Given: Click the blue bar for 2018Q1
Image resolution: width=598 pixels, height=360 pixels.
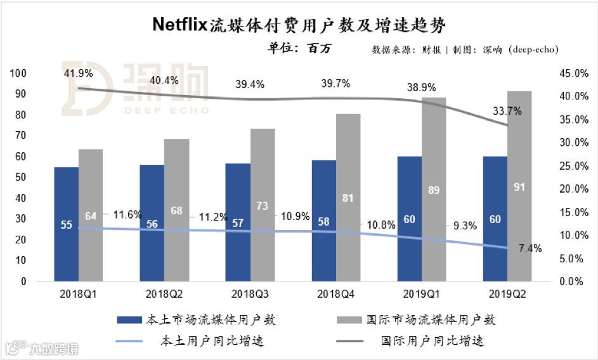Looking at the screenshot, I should click(66, 224).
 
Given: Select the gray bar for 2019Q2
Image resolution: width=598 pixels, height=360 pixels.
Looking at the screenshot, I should click(519, 186).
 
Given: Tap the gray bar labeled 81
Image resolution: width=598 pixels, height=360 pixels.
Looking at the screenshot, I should click(348, 197).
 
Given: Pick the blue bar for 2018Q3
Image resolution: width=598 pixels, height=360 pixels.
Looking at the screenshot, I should click(238, 222).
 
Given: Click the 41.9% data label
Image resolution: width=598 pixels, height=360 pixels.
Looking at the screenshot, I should click(78, 74).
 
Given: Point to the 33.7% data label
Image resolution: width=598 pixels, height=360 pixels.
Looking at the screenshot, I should click(507, 111).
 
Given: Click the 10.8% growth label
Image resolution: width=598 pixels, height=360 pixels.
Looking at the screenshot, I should click(381, 224).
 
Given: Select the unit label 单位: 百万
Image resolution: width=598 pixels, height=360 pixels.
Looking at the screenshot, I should click(301, 49).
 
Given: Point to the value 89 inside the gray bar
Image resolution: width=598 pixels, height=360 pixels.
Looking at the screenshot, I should click(434, 190).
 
